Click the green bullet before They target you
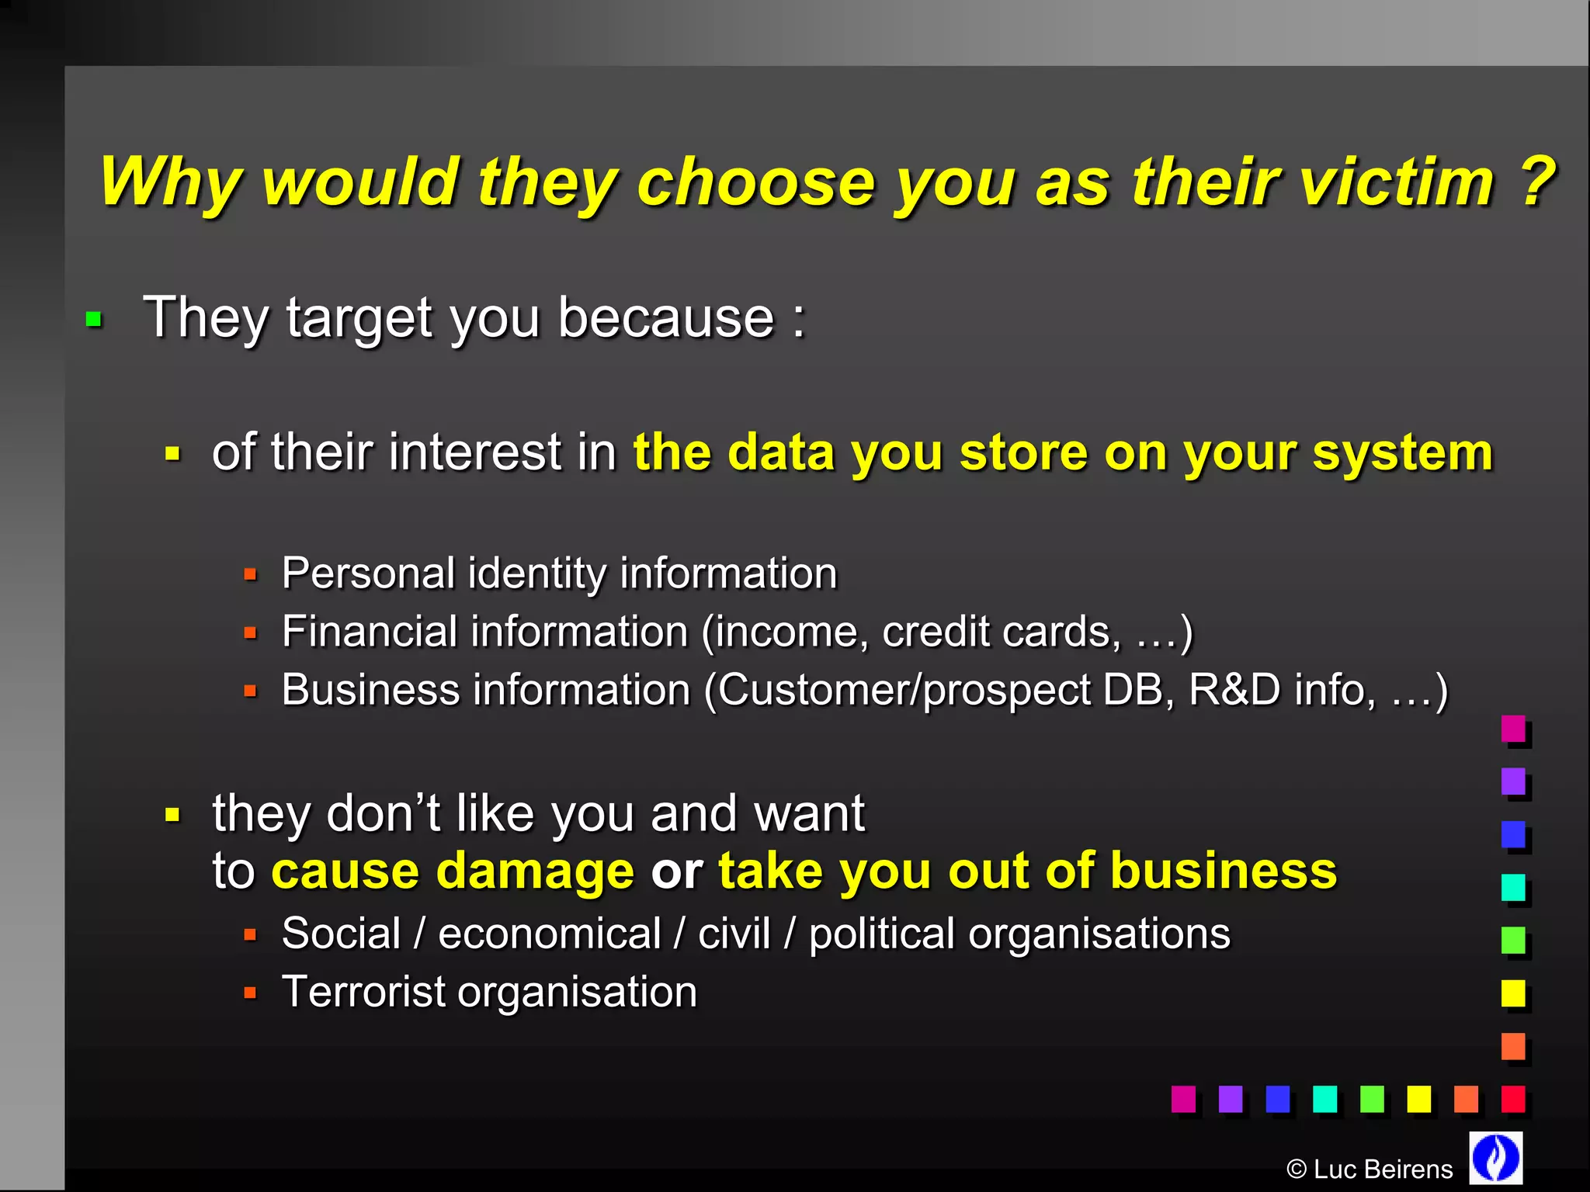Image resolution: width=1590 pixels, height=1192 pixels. pyautogui.click(x=94, y=319)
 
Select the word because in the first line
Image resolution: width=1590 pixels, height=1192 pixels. pyautogui.click(x=666, y=318)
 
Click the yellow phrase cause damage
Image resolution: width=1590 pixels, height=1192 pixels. pyautogui.click(x=453, y=871)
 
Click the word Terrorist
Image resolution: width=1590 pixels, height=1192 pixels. pyautogui.click(x=363, y=992)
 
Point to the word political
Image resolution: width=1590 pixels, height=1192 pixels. pyautogui.click(x=881, y=934)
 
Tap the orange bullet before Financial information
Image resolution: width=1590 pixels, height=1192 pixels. pyautogui.click(x=250, y=633)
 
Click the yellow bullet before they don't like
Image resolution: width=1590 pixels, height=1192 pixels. pyautogui.click(x=172, y=815)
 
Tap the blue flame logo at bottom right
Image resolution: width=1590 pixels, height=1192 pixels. pyautogui.click(x=1495, y=1157)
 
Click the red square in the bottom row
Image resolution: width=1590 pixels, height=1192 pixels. pyautogui.click(x=1512, y=1098)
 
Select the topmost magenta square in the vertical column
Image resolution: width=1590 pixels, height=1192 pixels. pyautogui.click(x=1512, y=728)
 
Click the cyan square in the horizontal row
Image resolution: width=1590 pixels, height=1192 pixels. pyautogui.click(x=1324, y=1098)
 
